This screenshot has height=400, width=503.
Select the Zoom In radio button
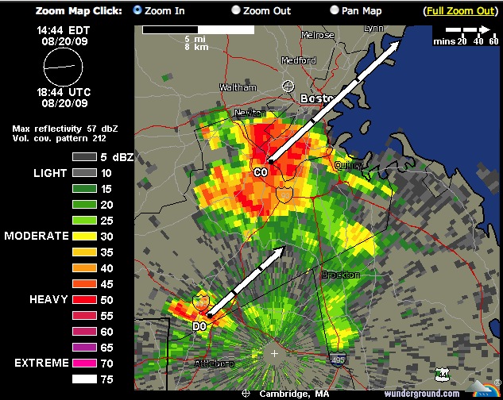(137, 10)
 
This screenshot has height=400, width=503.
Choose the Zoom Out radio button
(236, 10)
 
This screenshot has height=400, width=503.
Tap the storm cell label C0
(261, 172)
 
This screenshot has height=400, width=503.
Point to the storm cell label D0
(199, 325)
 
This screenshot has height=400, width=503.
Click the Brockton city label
(340, 275)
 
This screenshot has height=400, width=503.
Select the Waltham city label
(238, 87)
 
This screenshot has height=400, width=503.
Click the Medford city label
(298, 60)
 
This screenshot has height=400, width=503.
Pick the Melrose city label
(317, 36)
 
